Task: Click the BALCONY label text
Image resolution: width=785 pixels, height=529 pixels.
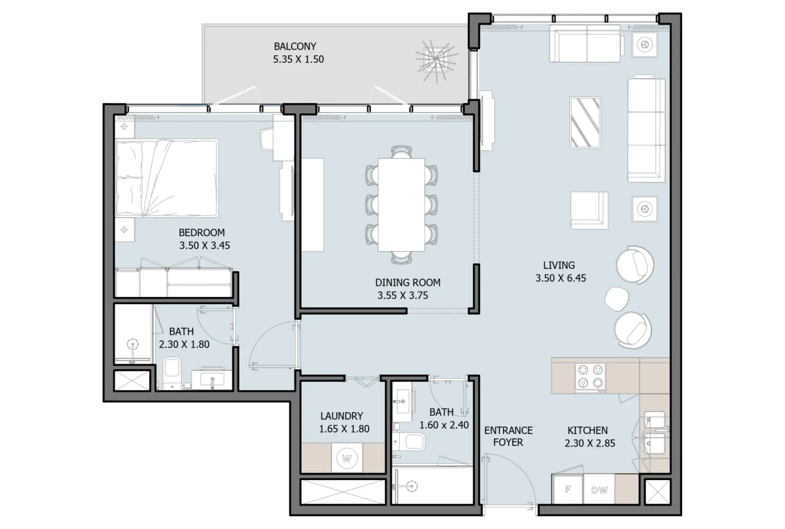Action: (295, 47)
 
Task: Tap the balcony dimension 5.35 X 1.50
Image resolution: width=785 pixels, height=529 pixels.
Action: (298, 60)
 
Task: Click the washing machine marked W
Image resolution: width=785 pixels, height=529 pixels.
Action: (347, 458)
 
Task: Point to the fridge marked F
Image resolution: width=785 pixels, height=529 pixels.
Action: (568, 489)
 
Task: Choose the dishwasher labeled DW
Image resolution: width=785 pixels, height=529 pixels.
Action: (599, 490)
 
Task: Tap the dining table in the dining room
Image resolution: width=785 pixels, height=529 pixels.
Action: (401, 205)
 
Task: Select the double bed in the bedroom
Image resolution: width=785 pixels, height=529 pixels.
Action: (167, 178)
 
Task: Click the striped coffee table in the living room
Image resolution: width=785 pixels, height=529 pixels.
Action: (585, 123)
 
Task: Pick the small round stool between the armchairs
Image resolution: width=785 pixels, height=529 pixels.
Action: (617, 299)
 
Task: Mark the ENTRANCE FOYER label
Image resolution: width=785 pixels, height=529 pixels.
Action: (508, 436)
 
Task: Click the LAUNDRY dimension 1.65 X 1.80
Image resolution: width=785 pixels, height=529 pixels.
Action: (344, 429)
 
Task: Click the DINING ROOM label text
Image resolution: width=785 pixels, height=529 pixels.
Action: (408, 283)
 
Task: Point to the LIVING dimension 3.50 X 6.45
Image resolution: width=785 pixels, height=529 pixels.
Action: (561, 278)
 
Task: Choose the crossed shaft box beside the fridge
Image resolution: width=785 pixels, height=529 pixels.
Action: (657, 492)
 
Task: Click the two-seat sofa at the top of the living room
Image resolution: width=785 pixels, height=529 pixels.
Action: (586, 44)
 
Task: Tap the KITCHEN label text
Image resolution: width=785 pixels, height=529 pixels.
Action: (587, 430)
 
